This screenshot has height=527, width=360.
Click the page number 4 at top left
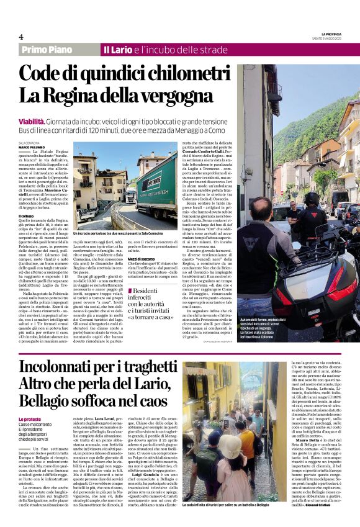[20, 37]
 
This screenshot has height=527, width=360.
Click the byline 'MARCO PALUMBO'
[30, 146]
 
